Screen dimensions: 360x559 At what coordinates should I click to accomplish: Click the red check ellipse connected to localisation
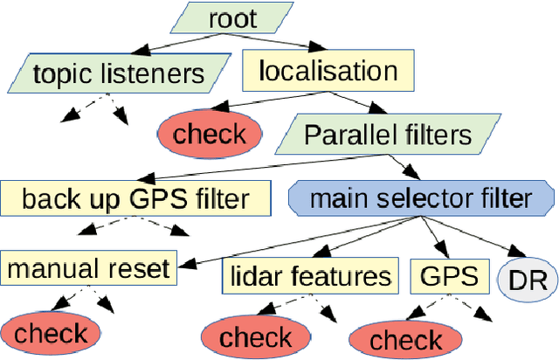210,134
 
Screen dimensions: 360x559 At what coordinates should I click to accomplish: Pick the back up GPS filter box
135,197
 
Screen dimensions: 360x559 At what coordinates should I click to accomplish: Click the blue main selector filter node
420,197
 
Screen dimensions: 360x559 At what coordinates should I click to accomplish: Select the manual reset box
89,267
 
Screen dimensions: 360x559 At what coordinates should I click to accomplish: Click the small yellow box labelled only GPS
449,276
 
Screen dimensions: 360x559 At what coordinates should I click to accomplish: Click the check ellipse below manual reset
51,333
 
